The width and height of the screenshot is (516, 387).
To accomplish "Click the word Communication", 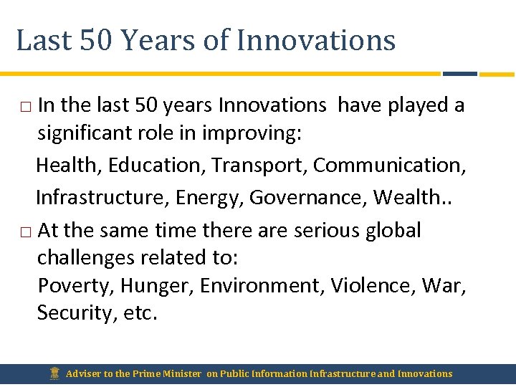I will pyautogui.click(x=389, y=166).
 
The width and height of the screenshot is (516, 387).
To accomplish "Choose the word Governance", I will pyautogui.click(x=307, y=197).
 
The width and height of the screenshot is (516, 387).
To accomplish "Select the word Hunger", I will pyautogui.click(x=156, y=286).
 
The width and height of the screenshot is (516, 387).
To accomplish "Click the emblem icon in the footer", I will pyautogui.click(x=54, y=373).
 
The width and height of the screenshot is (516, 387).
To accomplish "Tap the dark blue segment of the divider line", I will pyautogui.click(x=459, y=73).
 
